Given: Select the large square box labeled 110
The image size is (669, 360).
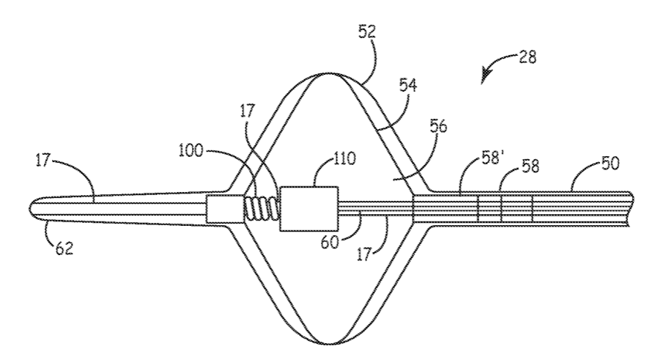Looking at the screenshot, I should [x=309, y=209].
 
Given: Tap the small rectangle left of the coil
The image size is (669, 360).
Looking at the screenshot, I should [x=223, y=209].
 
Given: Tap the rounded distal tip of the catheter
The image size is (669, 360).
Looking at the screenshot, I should [x=34, y=209].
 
